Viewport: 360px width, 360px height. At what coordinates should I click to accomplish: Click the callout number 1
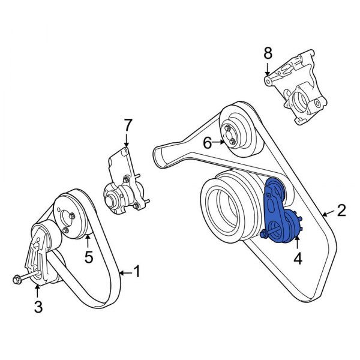click(136, 273)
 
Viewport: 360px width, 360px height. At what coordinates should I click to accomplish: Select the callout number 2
click(341, 211)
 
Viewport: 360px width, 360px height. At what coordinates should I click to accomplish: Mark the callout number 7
click(127, 125)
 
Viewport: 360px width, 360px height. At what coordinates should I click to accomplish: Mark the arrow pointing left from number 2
click(327, 211)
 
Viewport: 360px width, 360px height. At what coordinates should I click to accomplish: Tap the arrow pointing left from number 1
click(124, 273)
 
